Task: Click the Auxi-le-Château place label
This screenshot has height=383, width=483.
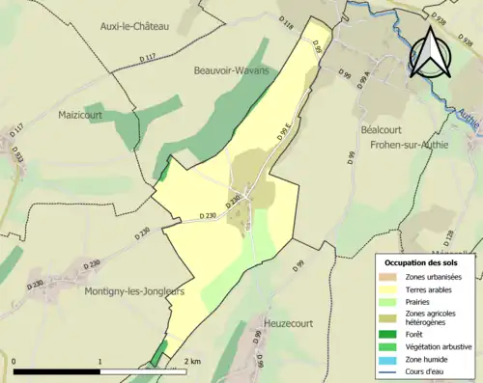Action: point(134,27)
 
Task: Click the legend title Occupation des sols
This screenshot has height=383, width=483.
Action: point(426,261)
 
